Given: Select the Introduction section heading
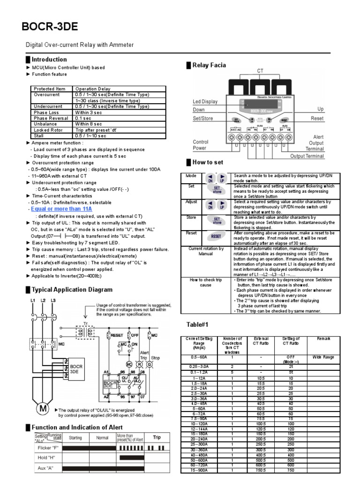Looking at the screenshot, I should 49,60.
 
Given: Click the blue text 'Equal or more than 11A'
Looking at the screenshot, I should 61,209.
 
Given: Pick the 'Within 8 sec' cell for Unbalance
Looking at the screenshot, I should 89,124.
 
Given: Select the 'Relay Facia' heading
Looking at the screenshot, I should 210,65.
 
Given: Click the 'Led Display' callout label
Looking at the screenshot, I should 205,101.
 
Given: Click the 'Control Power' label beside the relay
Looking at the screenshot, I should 201,145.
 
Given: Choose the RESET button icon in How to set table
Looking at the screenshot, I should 216,237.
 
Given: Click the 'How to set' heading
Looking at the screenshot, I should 208,162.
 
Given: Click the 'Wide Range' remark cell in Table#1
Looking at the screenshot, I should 323,357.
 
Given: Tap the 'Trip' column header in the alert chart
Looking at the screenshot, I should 157,437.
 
